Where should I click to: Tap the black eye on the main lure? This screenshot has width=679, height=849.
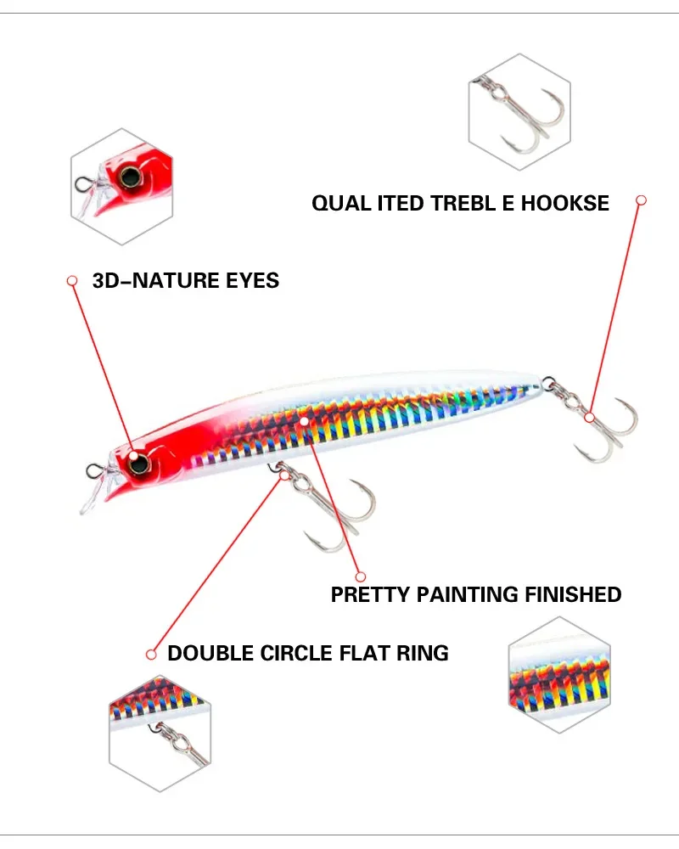coord(136,461)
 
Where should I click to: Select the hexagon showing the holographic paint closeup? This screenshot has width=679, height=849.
coord(559,676)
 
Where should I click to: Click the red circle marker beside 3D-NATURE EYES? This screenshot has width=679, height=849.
coord(72,280)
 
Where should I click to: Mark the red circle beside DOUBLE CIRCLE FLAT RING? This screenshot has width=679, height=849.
coord(151,654)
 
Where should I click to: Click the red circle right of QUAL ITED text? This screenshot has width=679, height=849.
coord(642,200)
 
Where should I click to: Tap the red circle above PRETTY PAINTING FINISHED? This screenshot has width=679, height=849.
coord(360,576)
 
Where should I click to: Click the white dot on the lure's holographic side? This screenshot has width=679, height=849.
coord(304,420)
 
